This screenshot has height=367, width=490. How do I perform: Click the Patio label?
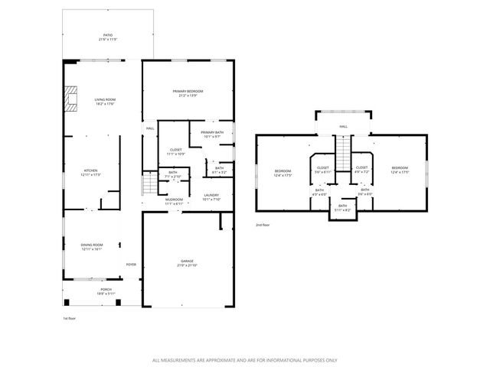coord(107,36)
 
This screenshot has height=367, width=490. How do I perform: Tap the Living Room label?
coord(105,100)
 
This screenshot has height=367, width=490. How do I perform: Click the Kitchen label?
coord(91,174)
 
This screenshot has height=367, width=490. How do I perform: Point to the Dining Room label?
coord(91,247)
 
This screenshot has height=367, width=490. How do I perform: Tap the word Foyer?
coord(131,265)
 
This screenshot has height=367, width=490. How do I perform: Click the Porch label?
coord(106,291)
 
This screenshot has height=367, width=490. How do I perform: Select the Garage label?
coord(187,263)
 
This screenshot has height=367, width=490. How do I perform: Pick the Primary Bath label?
coord(211,135)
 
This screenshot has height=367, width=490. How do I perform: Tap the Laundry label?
coord(211,196)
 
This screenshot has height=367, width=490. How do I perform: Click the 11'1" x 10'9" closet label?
coord(175,151)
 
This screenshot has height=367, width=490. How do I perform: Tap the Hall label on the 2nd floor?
coord(343,127)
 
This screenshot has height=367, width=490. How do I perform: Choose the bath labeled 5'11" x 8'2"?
coord(342,206)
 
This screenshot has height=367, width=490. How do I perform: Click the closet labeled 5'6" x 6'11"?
coord(322,169)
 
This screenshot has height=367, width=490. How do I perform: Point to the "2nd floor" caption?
coord(263,226)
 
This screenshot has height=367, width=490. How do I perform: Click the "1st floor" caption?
coord(70,317)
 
